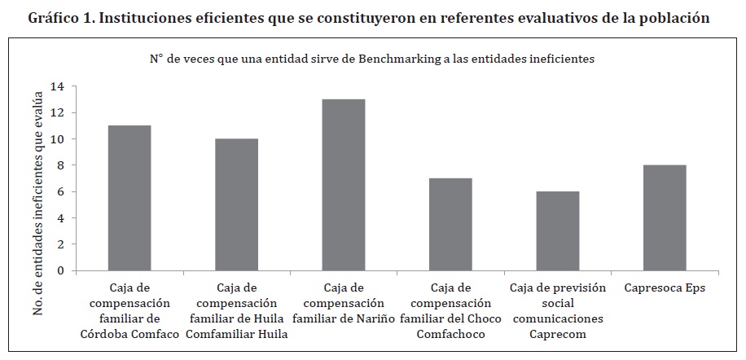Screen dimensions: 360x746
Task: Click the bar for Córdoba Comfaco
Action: [x=129, y=198]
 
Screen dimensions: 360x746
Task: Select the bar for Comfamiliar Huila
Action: [x=236, y=204]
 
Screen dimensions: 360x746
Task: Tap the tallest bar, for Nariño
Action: [x=343, y=185]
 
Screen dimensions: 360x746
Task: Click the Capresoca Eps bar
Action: [x=665, y=217]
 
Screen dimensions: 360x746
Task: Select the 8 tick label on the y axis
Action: [x=59, y=165]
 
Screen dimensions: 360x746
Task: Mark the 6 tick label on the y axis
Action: [x=59, y=191]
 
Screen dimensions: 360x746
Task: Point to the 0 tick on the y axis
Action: [x=59, y=270]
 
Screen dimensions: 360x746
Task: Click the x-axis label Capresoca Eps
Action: [x=665, y=288]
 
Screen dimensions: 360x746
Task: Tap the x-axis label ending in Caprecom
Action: [x=557, y=310]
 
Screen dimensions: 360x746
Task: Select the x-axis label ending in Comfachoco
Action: [x=450, y=310]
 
